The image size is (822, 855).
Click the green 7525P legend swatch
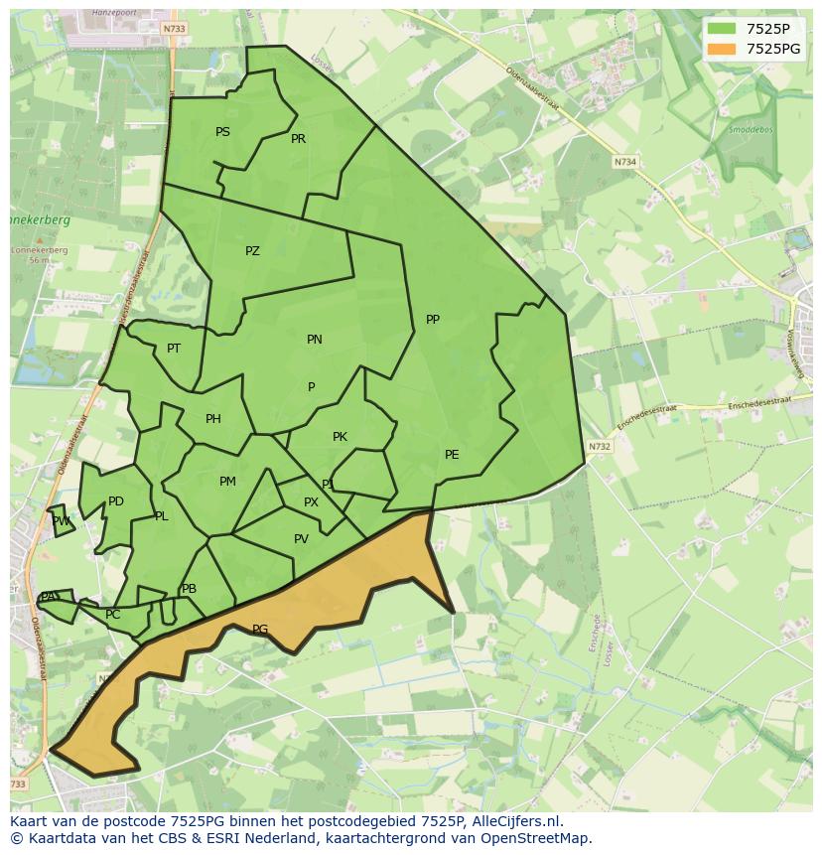(721, 29)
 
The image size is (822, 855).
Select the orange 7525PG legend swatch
(721, 49)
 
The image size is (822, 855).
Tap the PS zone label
(222, 132)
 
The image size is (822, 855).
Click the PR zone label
(298, 139)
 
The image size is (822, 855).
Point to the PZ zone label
(252, 251)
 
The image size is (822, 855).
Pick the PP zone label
(432, 320)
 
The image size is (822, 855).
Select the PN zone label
(314, 340)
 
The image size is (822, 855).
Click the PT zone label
(174, 349)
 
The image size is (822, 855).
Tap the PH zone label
(212, 419)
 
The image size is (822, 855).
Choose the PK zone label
(340, 437)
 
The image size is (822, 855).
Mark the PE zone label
(452, 455)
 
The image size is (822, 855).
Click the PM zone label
(227, 482)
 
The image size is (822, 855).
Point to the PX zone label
(311, 502)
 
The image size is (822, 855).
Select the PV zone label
(301, 539)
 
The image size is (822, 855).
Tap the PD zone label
(116, 501)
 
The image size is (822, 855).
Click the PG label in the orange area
(260, 630)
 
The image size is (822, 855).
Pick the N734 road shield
(624, 161)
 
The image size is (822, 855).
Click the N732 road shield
(599, 447)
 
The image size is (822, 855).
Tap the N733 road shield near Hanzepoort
(174, 30)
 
